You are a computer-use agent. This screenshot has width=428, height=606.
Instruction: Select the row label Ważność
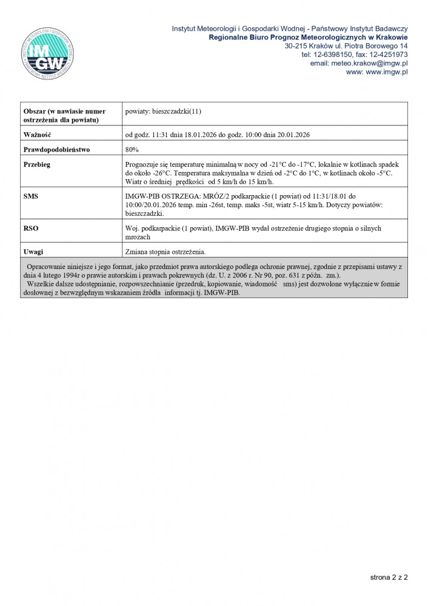click(37, 135)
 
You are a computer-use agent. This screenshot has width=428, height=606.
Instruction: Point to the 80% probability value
click(132, 149)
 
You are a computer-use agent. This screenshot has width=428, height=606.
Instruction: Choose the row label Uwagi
click(33, 251)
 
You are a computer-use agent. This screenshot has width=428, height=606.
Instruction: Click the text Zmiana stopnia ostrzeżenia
click(165, 251)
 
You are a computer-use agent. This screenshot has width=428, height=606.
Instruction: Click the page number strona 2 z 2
click(389, 578)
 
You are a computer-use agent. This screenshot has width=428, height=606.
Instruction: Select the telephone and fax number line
click(354, 55)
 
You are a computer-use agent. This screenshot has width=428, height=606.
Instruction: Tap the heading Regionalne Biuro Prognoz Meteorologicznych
click(307, 38)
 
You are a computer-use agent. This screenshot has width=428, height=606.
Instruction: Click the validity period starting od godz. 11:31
click(218, 135)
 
